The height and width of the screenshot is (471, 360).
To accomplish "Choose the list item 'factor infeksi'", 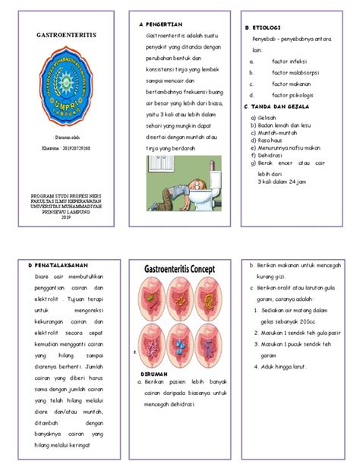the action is (x=288, y=60).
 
